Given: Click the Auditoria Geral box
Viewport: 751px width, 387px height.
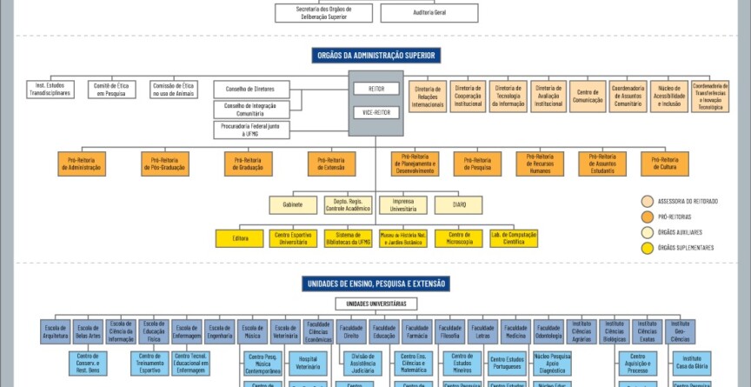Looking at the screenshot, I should (x=429, y=13).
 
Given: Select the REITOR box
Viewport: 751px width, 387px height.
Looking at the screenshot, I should (x=376, y=89).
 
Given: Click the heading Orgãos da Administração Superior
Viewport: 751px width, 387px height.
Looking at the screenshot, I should (x=375, y=56).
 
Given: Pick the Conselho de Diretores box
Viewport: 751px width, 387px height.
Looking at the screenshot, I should (x=251, y=89).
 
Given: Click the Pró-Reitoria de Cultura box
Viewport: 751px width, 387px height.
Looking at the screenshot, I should (x=665, y=163).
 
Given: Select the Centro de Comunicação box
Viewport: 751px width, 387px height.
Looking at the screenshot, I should (x=589, y=96).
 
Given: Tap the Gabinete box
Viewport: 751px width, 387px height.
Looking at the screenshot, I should (x=292, y=204).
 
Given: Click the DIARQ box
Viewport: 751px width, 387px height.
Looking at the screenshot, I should (x=459, y=204).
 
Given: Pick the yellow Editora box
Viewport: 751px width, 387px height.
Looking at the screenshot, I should (x=241, y=238).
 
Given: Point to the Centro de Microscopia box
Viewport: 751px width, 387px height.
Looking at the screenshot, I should (x=454, y=238).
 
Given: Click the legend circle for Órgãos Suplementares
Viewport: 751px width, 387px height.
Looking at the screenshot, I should (x=648, y=248).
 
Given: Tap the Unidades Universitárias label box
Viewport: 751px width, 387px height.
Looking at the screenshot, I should (x=375, y=304).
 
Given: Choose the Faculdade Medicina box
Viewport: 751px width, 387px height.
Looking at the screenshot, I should (x=515, y=331).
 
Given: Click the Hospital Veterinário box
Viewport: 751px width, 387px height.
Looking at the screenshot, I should (x=308, y=362).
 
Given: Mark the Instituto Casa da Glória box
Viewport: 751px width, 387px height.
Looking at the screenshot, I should (x=692, y=362).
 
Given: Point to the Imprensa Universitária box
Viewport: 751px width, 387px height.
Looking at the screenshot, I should (x=403, y=204).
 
